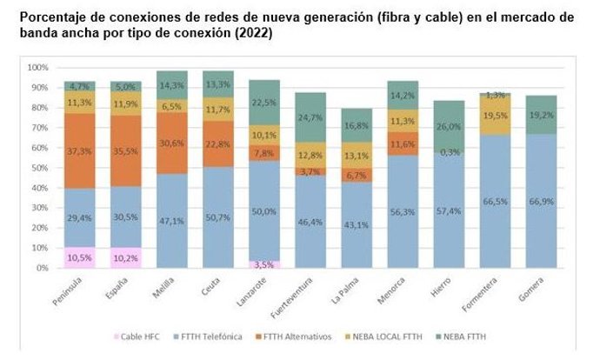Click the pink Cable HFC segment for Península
point(78,257)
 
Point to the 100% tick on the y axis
point(37,67)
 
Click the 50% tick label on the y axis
point(39,168)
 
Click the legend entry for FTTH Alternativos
point(297,336)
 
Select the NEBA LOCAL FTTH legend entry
point(389,336)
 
